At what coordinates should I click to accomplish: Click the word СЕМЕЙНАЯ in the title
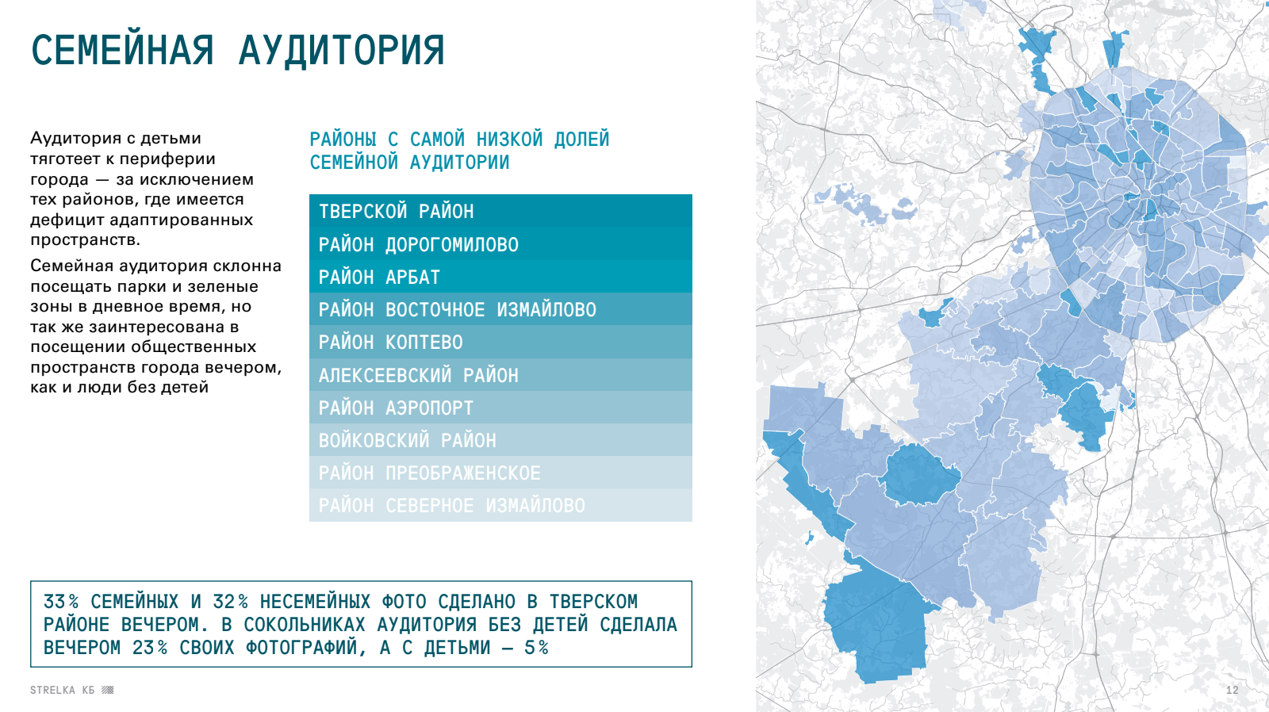click(x=122, y=51)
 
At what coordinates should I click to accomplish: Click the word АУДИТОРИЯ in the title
click(x=342, y=51)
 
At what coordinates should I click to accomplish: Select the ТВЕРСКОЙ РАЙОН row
click(x=500, y=211)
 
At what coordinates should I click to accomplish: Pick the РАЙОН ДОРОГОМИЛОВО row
click(x=500, y=244)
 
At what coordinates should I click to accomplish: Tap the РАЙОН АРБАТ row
click(x=500, y=277)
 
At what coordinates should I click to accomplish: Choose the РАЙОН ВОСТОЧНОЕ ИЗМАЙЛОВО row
click(x=500, y=309)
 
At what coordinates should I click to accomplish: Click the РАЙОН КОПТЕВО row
click(x=500, y=342)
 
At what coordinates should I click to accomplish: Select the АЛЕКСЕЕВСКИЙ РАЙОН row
click(x=500, y=375)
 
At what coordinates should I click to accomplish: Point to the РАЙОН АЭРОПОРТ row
click(x=500, y=408)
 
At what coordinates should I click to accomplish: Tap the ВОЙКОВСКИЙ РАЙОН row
click(x=500, y=440)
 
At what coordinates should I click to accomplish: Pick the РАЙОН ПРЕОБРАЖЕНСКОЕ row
click(x=500, y=473)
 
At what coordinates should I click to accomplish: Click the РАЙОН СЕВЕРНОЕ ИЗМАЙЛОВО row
click(x=500, y=505)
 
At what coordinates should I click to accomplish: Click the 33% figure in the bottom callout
click(x=61, y=602)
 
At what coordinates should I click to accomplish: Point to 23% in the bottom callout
click(x=150, y=648)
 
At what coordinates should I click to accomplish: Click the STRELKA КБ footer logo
click(x=72, y=690)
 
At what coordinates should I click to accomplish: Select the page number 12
click(x=1233, y=690)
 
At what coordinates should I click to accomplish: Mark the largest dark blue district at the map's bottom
click(x=876, y=626)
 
